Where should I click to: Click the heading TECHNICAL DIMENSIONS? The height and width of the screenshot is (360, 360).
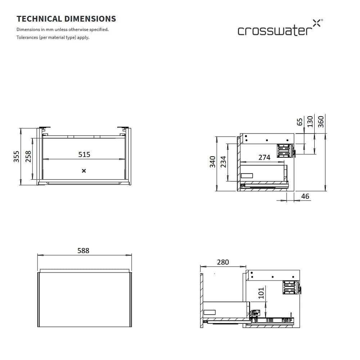[x=66, y=19]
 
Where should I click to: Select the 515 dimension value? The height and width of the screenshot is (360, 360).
[x=84, y=154]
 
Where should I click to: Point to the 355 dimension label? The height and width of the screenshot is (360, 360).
[x=17, y=157]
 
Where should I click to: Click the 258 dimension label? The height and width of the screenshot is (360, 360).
[x=28, y=157]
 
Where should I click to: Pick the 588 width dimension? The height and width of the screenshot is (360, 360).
[x=83, y=251]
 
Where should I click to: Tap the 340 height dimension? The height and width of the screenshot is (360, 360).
[x=213, y=162]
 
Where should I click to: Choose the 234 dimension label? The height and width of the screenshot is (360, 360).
[x=223, y=162]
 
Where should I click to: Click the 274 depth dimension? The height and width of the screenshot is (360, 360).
[x=264, y=158]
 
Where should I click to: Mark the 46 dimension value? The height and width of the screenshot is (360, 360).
[x=305, y=196]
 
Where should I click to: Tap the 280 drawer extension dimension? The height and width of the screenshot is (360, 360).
[x=223, y=262]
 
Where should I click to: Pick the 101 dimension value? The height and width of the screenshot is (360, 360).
[x=262, y=293]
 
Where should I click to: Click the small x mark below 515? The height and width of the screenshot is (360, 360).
[x=84, y=171]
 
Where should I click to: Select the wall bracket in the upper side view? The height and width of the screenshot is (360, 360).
[x=284, y=150]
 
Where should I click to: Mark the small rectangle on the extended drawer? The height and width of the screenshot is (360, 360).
[x=210, y=312]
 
